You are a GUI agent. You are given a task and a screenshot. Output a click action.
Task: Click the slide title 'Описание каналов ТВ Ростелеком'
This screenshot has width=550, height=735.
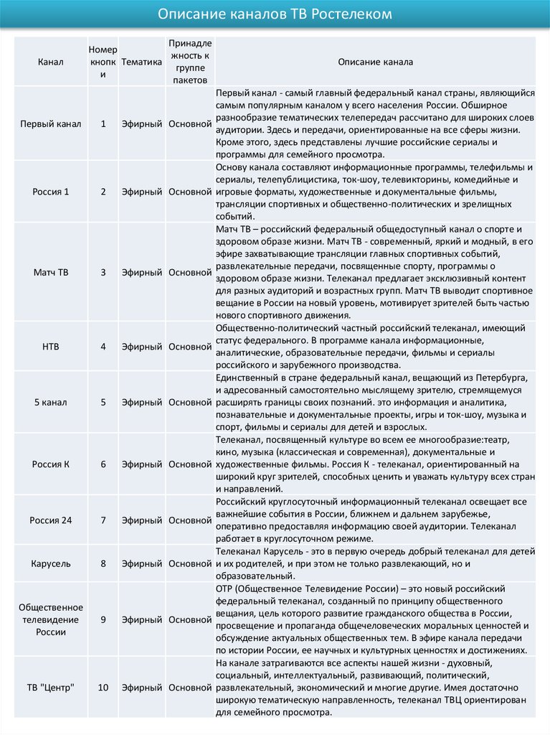coord(275,14)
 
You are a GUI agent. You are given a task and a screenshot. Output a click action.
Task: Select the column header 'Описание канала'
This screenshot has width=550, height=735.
coord(375,62)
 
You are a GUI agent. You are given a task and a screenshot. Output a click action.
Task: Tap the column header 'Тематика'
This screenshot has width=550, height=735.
coord(141,62)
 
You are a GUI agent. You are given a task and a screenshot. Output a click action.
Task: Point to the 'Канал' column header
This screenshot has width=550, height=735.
coord(51,62)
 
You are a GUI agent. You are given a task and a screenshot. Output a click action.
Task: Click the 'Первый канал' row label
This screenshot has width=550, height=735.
coord(51,123)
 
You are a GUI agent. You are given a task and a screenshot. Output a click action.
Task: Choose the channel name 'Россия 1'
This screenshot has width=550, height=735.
coord(51,192)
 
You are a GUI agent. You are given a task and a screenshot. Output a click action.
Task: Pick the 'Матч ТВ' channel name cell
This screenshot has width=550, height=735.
coord(51,273)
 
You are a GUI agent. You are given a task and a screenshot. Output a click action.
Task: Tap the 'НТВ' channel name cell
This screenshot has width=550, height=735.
coord(51,347)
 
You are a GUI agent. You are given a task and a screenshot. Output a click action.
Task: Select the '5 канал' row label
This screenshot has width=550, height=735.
coord(51,402)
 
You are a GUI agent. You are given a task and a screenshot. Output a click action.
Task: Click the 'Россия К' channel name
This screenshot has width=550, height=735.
coord(51,464)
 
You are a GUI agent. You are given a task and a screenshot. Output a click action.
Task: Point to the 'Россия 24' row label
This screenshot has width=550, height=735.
coord(51,519)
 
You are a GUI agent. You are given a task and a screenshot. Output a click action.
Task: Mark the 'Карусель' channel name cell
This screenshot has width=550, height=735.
coord(51,563)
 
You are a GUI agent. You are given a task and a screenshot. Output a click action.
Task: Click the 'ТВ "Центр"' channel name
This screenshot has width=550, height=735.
coord(51,687)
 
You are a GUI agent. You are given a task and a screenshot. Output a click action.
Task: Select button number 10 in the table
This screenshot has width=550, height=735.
coord(103,687)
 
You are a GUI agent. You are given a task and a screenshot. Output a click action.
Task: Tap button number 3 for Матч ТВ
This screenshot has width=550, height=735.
coord(103,273)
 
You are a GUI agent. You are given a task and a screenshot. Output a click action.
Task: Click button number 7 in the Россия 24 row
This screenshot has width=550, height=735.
coord(103,519)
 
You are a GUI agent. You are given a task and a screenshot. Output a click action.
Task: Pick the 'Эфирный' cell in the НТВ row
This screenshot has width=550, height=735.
coord(141,347)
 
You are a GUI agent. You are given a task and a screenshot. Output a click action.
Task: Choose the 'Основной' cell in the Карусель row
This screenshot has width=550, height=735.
coord(189,563)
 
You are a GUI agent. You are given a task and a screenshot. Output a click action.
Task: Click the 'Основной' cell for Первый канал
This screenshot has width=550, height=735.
coord(189,123)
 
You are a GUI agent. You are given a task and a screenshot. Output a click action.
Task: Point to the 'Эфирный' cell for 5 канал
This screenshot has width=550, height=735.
coord(141,402)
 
